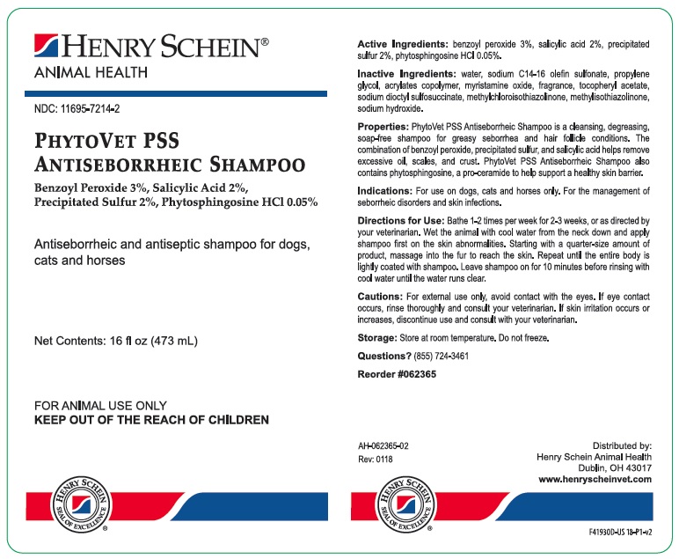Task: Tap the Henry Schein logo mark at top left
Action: (x=46, y=46)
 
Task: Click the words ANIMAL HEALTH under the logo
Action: (x=90, y=72)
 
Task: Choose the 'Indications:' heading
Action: (x=385, y=190)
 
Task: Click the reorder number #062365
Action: (x=416, y=373)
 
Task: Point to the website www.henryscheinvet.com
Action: (x=595, y=479)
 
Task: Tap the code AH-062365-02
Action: (x=383, y=446)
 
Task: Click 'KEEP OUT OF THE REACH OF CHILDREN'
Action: (x=150, y=420)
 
